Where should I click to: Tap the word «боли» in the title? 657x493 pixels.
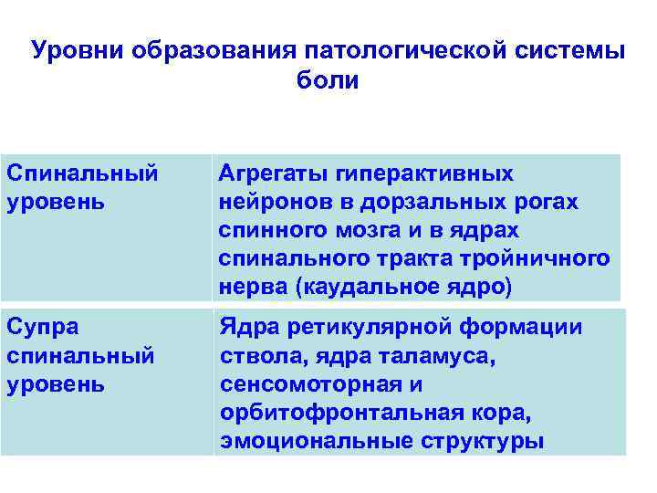pos(328,80)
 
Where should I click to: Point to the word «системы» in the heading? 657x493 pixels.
pos(577,50)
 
